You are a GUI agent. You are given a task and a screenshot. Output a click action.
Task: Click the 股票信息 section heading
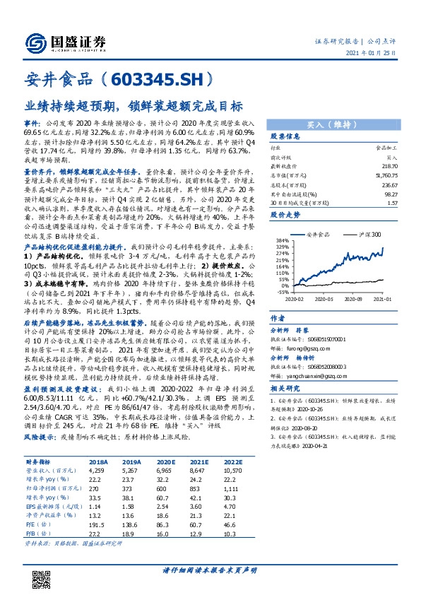tap(286, 136)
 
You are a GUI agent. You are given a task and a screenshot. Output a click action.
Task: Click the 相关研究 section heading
tap(286, 389)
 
